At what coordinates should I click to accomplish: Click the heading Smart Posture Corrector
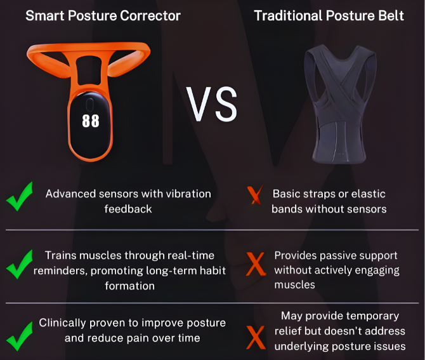(x=103, y=15)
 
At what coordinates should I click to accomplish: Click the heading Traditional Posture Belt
(x=329, y=15)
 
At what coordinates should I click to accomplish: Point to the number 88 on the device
(x=91, y=120)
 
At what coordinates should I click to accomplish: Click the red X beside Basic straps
(x=256, y=196)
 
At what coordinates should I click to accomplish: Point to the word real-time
(x=191, y=255)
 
